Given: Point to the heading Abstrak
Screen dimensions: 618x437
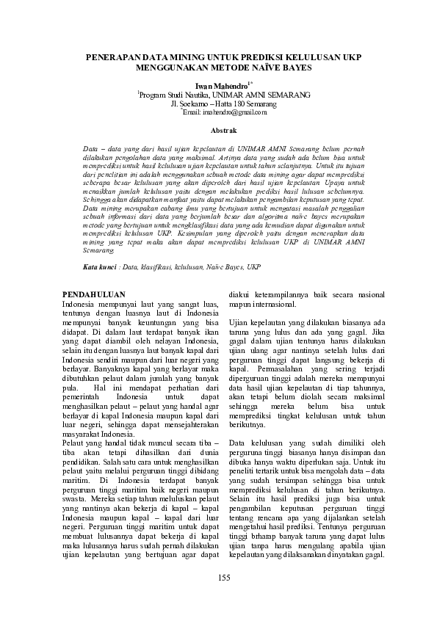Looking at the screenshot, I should click(x=220, y=131).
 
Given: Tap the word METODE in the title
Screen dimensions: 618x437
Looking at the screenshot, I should click(x=225, y=67).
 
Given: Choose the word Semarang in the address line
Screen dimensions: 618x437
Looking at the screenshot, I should click(x=248, y=104).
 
